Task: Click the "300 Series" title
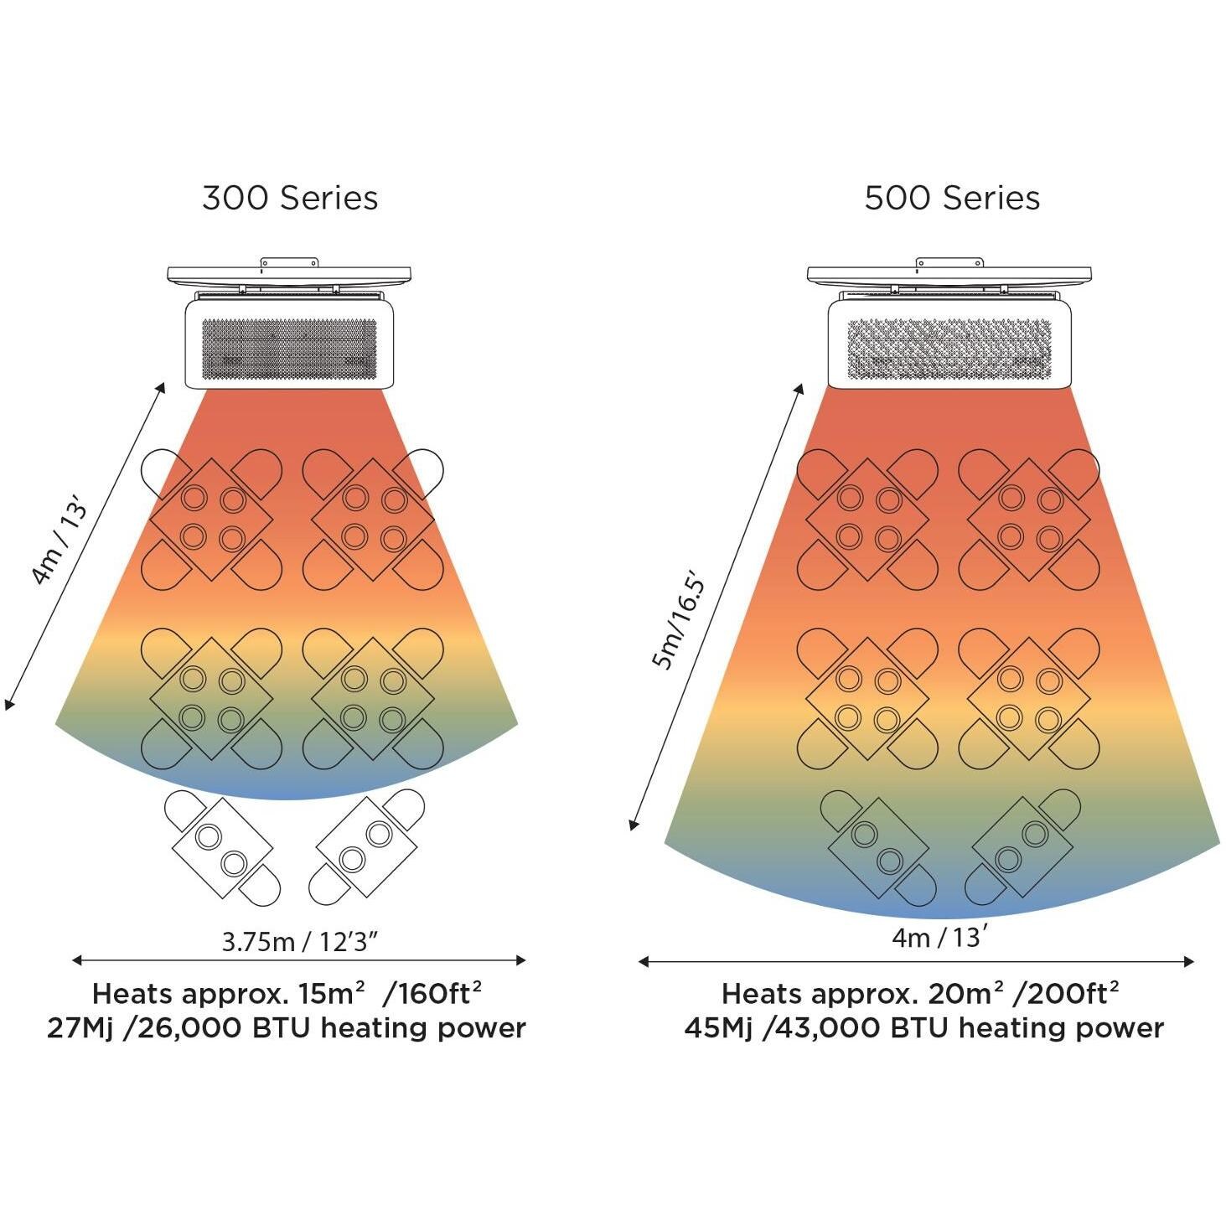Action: point(290,199)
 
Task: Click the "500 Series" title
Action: point(952,199)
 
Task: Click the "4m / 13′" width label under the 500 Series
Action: point(936,937)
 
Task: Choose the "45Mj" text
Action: point(717,1028)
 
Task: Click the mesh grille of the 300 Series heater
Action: point(289,347)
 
